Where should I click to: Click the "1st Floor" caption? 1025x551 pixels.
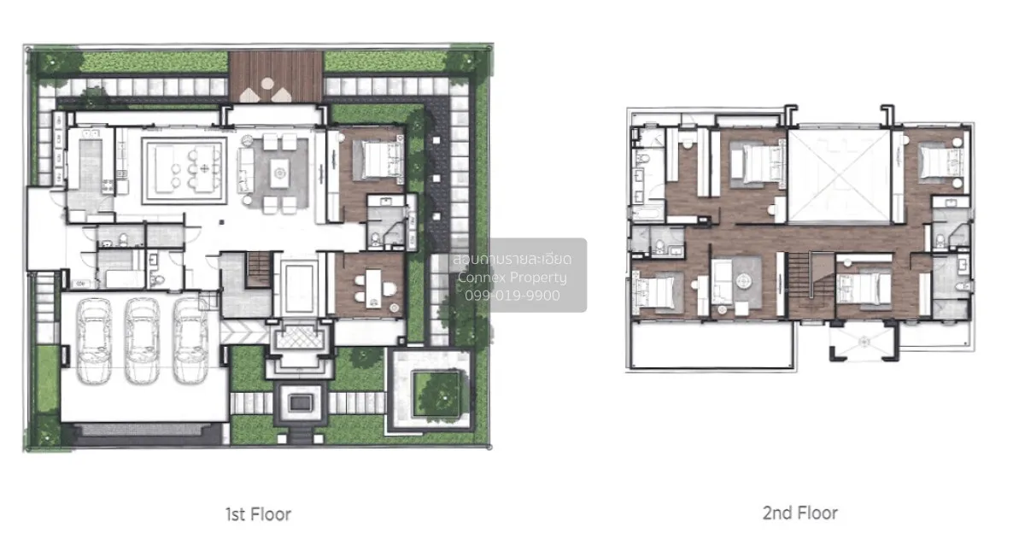click(x=258, y=514)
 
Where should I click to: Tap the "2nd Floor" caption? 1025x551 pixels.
click(x=799, y=513)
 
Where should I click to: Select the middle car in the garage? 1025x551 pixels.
click(x=142, y=341)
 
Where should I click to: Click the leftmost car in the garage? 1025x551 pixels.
click(x=94, y=341)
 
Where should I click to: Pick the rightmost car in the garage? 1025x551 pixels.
click(x=190, y=341)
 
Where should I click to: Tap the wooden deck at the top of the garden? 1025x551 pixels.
click(x=276, y=76)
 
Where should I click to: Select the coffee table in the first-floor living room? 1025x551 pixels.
click(x=278, y=173)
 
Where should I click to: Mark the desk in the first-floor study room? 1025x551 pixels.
click(x=372, y=284)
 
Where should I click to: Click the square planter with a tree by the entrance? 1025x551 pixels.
click(x=433, y=392)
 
